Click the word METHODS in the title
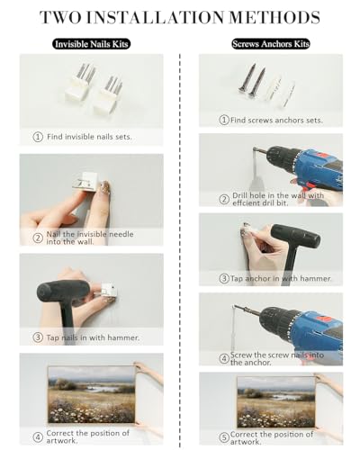tap(274, 17)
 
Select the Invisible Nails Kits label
tap(92, 44)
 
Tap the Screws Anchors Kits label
tap(271, 44)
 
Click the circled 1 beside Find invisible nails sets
tap(38, 137)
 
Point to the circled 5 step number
tap(224, 437)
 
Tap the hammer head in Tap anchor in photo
tap(295, 236)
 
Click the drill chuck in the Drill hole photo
tap(280, 157)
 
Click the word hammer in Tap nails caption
tap(123, 337)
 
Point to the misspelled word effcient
tap(246, 203)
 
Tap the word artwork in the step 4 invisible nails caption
tap(62, 441)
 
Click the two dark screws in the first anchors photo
tap(251, 78)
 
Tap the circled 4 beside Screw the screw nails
tap(224, 359)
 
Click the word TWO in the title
tap(60, 17)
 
